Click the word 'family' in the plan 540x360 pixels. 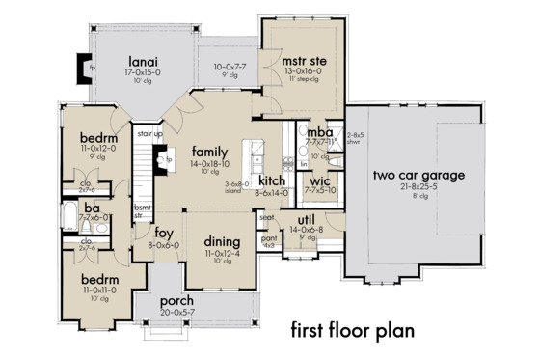point(209,152)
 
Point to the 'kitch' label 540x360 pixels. point(271,180)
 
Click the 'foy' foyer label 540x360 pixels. point(164,233)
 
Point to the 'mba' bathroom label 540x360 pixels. point(322,132)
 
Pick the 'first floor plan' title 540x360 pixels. point(353,330)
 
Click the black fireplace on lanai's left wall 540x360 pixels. point(79,69)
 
